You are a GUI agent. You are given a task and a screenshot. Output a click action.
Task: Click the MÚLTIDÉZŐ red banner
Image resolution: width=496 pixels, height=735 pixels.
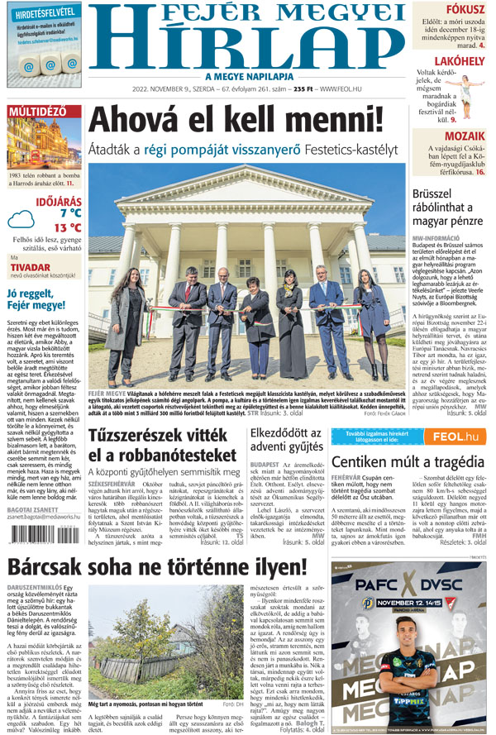point(37,112)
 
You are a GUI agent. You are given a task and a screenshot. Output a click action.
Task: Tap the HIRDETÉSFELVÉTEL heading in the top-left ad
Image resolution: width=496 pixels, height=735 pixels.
point(42,12)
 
